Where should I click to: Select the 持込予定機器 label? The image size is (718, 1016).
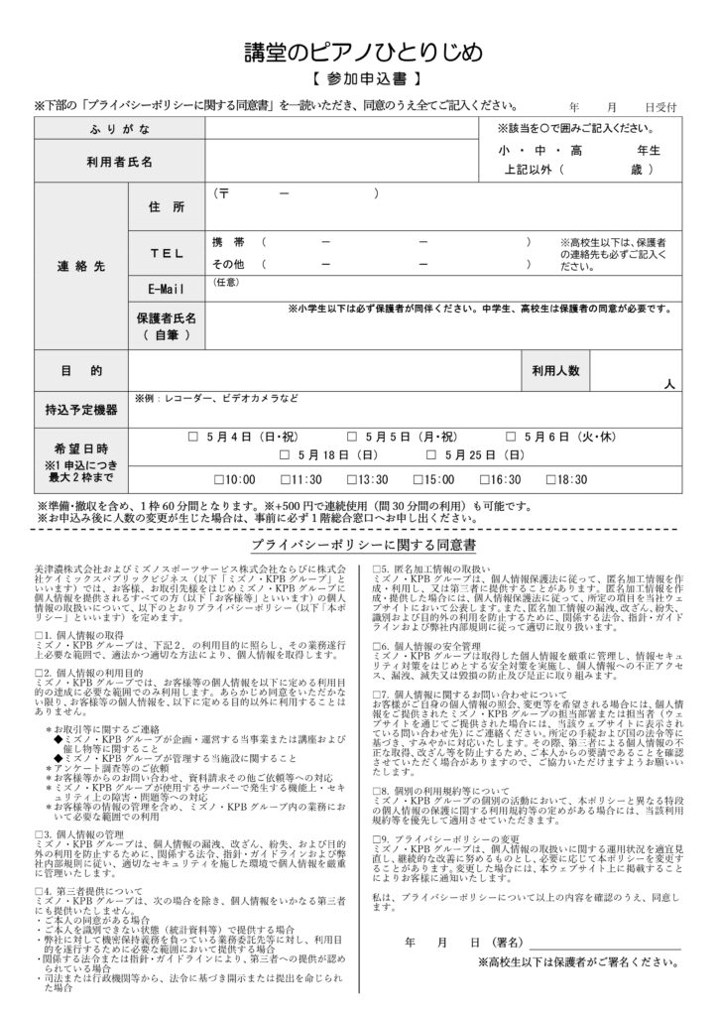click(81, 409)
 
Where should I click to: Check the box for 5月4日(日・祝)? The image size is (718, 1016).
click(194, 437)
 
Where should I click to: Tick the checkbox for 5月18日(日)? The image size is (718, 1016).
click(286, 455)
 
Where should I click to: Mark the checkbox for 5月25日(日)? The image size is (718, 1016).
click(432, 455)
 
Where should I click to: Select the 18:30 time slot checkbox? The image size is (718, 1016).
click(552, 480)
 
